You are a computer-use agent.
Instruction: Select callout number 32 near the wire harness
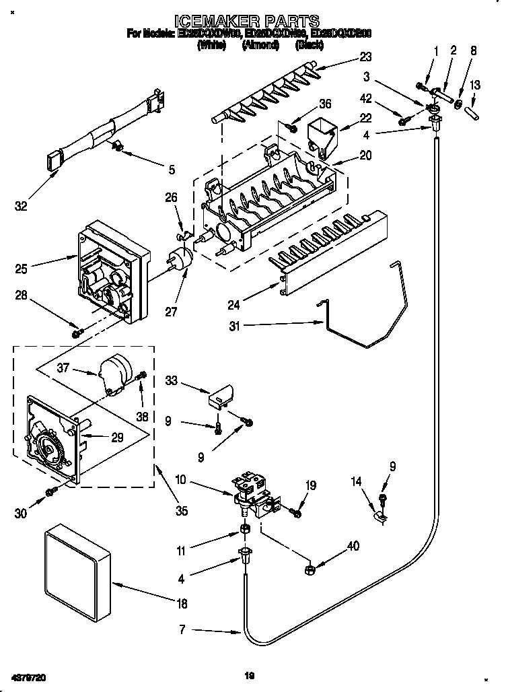pyautogui.click(x=22, y=206)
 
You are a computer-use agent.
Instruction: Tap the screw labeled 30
pyautogui.click(x=51, y=495)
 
